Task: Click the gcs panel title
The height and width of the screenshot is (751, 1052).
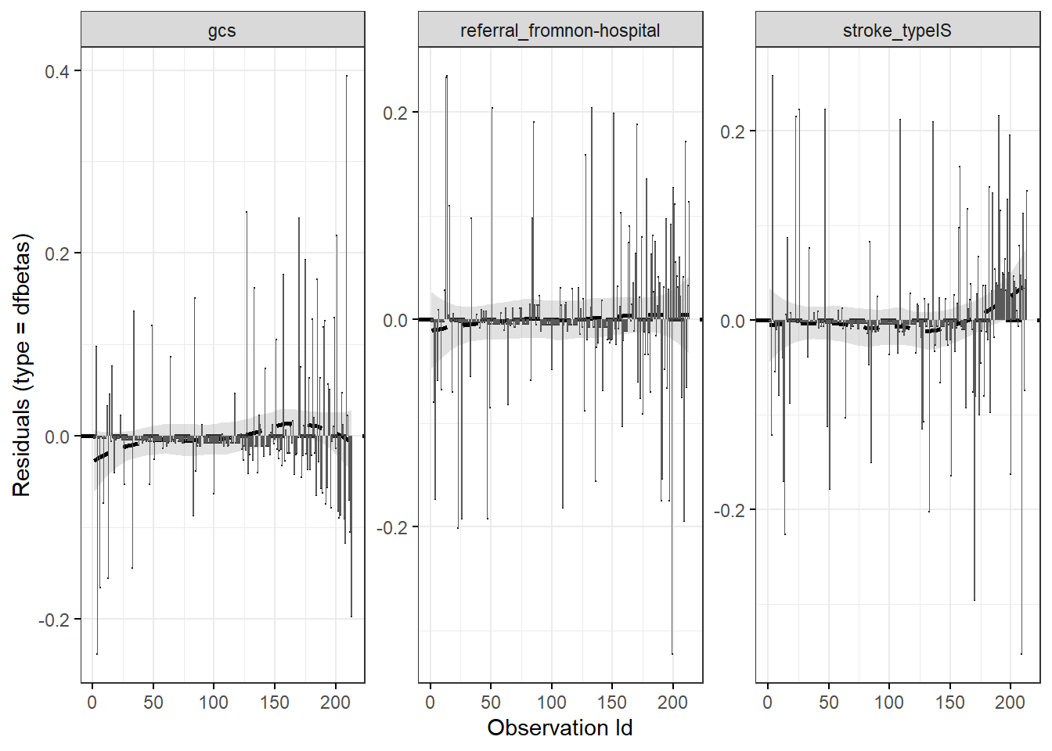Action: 222,31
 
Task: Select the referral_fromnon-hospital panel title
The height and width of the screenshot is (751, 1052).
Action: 560,31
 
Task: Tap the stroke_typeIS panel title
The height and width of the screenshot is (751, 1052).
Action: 897,31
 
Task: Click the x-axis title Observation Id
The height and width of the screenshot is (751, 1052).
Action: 560,728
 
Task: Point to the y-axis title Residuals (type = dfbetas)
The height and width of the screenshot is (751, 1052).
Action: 21,365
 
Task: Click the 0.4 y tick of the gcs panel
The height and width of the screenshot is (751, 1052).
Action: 57,72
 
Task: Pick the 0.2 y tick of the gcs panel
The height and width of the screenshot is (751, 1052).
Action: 57,254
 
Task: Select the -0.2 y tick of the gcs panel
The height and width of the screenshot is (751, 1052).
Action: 54,620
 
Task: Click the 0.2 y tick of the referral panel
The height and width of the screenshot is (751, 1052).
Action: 395,113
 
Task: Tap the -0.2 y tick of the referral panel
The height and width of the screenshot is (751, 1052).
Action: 392,528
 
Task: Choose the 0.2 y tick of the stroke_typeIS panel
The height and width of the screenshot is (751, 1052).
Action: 733,131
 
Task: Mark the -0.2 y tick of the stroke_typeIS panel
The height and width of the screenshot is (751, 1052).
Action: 730,511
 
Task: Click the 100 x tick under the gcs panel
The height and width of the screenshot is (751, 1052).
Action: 214,702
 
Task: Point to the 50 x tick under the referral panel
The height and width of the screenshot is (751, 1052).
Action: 491,702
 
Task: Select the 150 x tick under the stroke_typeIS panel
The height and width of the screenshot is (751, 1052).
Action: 949,702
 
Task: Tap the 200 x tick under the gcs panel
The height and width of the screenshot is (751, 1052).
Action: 335,702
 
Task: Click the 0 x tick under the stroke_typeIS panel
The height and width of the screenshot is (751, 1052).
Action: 768,702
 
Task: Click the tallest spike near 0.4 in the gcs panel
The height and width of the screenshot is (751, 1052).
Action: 347,78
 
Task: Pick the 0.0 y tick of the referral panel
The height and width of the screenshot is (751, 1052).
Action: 395,321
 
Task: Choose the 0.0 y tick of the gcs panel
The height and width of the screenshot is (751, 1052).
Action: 57,437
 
